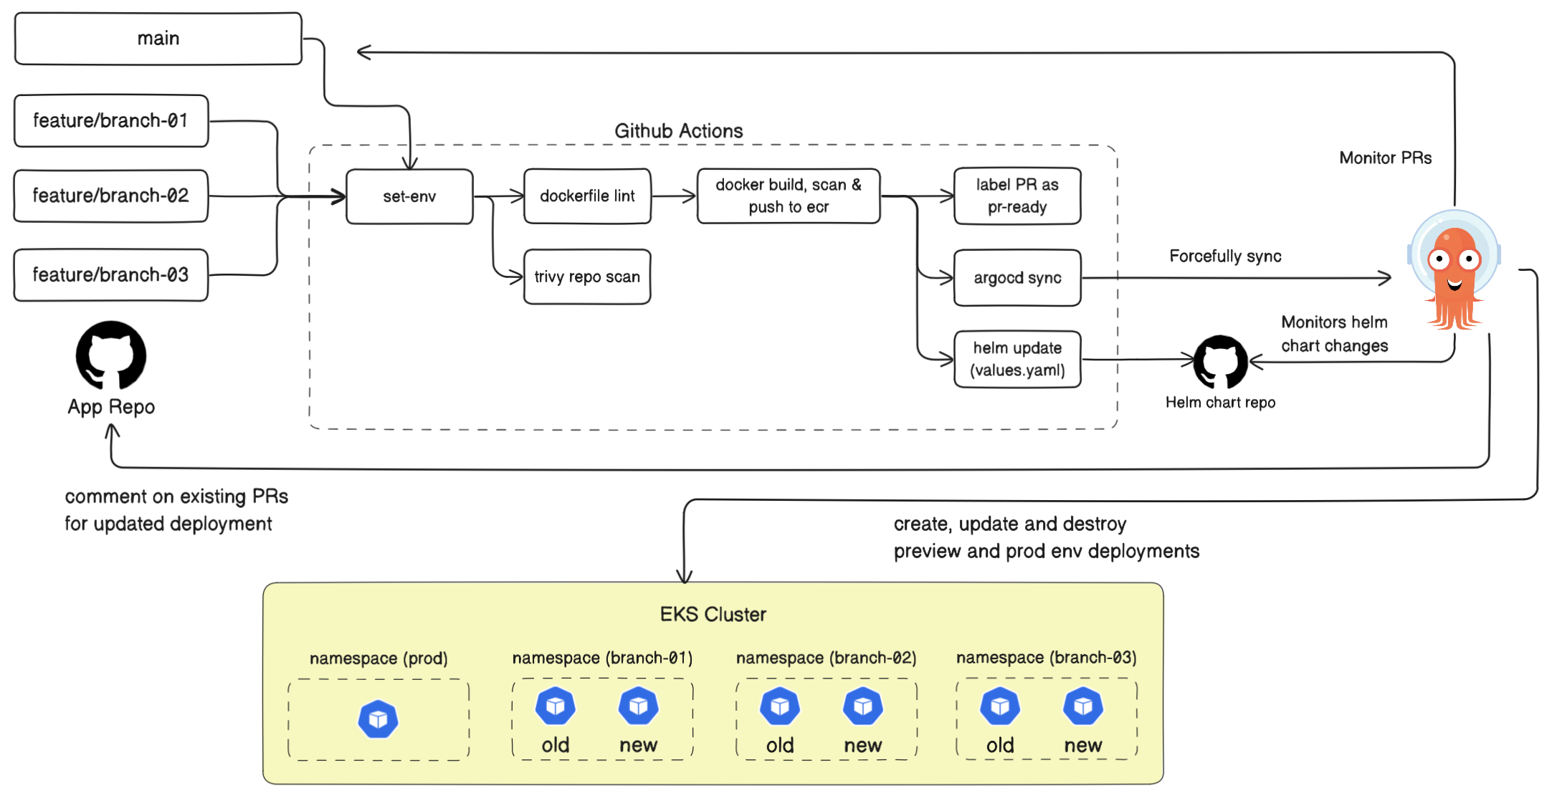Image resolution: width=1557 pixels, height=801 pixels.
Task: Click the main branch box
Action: (x=158, y=39)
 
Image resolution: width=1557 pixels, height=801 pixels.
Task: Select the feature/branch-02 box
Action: (x=111, y=196)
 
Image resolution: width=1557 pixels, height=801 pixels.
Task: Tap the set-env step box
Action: (x=409, y=196)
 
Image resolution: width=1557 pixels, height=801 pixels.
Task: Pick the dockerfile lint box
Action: (x=587, y=196)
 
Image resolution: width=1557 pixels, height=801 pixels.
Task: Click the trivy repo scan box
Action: (x=587, y=277)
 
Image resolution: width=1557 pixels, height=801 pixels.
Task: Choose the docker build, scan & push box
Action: (x=789, y=196)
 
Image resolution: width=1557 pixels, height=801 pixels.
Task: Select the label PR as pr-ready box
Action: (x=1017, y=196)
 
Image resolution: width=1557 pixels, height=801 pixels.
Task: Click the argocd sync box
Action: (x=1017, y=278)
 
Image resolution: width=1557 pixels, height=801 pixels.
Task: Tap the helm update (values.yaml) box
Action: (x=1017, y=359)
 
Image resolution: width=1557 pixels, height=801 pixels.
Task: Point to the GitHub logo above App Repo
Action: (x=111, y=355)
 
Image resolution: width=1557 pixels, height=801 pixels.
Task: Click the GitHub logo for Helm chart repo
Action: (x=1220, y=362)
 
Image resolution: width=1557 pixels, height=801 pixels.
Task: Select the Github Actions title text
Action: (x=678, y=131)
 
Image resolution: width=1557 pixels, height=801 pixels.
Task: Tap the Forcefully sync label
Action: (x=1225, y=256)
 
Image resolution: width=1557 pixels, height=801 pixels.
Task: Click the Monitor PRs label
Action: (x=1385, y=158)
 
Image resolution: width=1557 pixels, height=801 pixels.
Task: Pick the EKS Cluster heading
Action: (x=713, y=615)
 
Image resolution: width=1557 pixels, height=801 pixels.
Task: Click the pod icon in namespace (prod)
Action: (x=378, y=719)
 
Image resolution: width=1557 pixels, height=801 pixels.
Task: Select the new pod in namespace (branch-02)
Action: (x=862, y=706)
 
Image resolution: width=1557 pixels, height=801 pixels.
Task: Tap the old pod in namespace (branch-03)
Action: (x=1000, y=706)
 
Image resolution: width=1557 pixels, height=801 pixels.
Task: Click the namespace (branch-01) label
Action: (x=602, y=658)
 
